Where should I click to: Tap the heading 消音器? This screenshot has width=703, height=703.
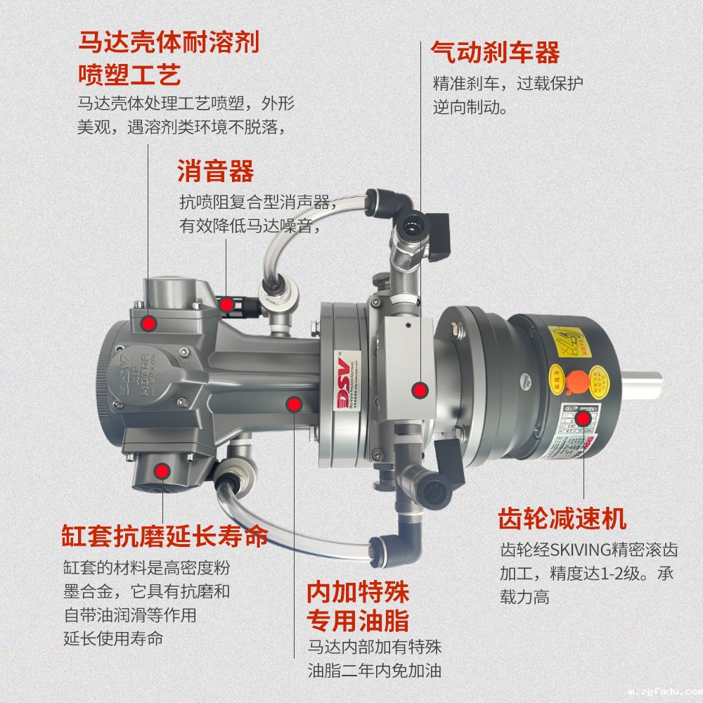coord(215,171)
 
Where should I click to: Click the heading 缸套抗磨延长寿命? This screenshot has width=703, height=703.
coord(165,536)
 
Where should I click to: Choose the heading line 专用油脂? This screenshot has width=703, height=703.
coord(358,621)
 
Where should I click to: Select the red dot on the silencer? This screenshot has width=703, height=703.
coord(226,304)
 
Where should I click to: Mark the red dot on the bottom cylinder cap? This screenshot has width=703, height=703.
coord(162,470)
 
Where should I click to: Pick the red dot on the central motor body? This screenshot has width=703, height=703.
coord(294,404)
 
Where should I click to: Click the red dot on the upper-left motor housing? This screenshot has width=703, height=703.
coord(148,323)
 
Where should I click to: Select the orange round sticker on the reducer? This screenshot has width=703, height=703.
coord(577,380)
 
